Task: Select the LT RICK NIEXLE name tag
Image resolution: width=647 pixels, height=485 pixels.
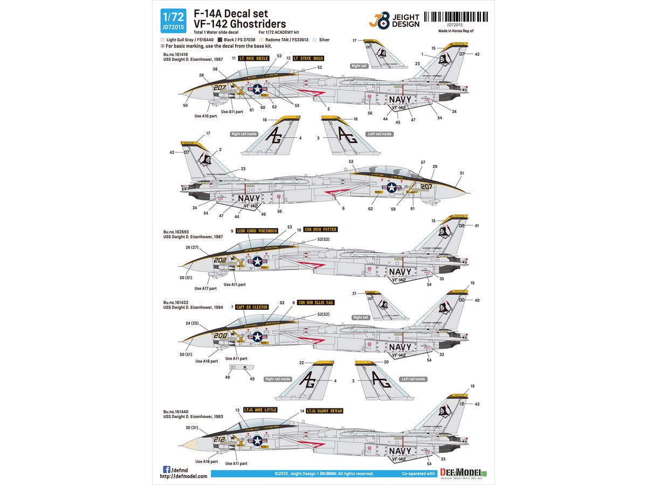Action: [255, 58]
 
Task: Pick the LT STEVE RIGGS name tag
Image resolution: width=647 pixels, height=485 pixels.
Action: [311, 58]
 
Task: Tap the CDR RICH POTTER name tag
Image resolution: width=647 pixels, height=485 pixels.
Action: [320, 229]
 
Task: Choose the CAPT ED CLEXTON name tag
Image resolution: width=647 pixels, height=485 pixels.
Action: [252, 307]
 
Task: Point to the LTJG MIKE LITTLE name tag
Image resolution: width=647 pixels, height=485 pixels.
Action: [260, 410]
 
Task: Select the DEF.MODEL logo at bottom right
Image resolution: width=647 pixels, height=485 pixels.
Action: [464, 473]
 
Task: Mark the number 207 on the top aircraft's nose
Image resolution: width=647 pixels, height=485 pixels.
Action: [219, 87]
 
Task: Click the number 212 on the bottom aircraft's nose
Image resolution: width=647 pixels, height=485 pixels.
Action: [219, 439]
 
